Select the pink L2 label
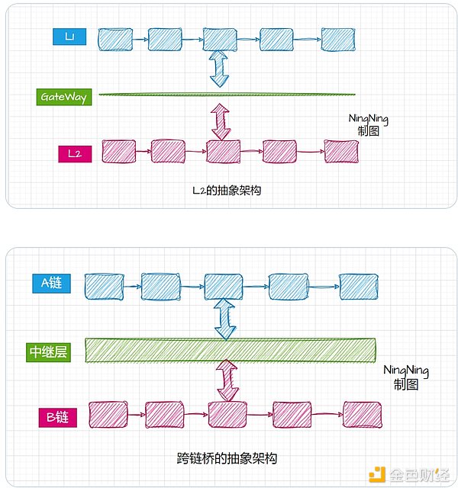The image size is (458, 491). (74, 153)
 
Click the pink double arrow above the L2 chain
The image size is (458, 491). (221, 122)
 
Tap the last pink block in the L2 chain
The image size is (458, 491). (340, 151)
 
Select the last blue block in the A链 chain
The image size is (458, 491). (358, 286)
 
